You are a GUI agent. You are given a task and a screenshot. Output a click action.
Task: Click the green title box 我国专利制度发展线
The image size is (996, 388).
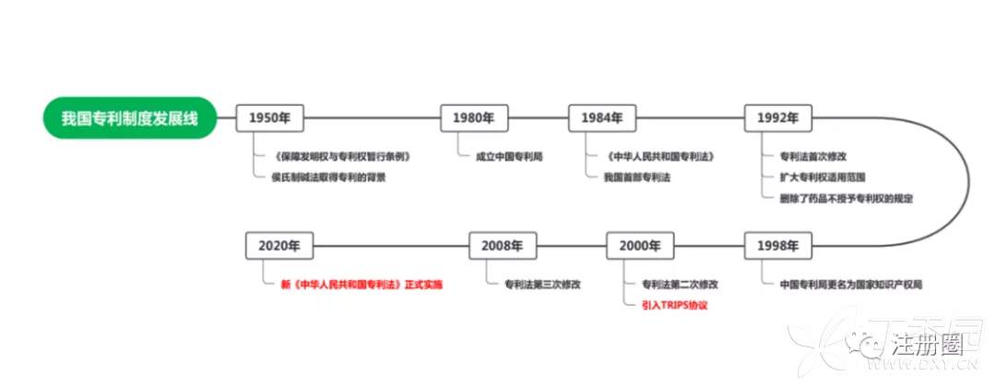[129, 118]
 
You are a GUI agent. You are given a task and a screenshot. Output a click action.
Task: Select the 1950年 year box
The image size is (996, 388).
[270, 118]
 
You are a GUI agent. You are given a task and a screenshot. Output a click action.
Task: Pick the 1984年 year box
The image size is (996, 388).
[602, 118]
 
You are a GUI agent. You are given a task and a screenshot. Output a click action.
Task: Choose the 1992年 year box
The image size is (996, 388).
[777, 118]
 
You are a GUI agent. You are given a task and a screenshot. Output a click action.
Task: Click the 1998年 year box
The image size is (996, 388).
[777, 246]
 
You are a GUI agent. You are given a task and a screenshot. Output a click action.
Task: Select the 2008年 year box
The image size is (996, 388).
[502, 246]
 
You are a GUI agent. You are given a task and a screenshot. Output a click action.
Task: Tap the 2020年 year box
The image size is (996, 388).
[279, 246]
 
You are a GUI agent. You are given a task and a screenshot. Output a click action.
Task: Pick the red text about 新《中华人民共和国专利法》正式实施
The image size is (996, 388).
[362, 285]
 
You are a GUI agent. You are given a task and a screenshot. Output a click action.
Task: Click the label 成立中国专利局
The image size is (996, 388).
[509, 157]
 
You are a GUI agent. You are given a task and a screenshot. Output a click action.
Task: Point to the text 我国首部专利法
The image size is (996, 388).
[636, 177]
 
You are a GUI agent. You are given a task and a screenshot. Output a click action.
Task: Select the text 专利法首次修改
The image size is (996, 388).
[814, 157]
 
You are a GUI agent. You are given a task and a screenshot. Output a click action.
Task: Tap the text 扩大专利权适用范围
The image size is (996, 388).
[822, 177]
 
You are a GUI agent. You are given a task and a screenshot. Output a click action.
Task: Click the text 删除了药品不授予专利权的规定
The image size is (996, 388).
[845, 197]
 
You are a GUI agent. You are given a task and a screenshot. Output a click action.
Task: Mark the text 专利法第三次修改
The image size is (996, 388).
[542, 285]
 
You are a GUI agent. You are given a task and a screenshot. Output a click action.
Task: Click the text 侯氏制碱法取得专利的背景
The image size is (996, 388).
[328, 177]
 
